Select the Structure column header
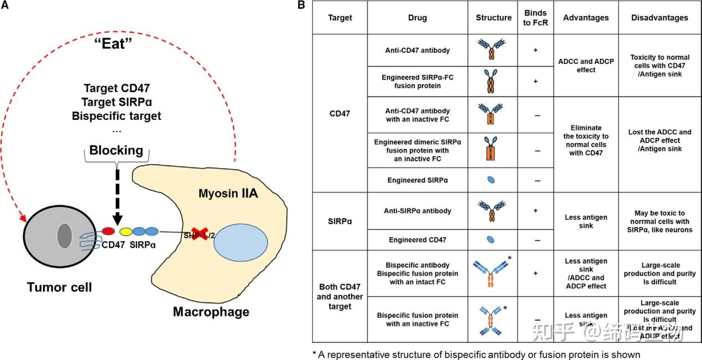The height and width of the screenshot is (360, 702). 494,18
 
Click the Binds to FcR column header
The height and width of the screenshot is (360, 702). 536,18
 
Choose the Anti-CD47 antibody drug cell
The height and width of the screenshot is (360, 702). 418,50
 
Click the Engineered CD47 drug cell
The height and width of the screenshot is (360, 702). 418,239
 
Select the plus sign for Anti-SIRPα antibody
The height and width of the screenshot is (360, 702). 536,211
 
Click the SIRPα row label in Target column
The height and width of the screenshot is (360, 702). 340,221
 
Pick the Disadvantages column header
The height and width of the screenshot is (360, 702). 660,18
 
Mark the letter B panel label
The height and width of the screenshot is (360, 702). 302,6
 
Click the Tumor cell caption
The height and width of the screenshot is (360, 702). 60,287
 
